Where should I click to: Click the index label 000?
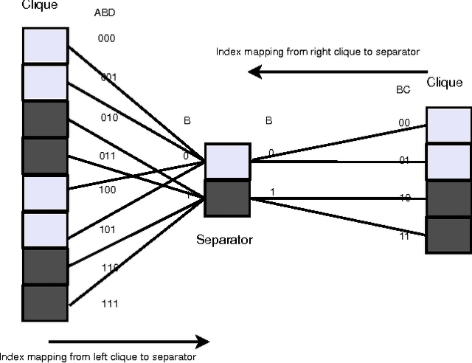coord(106,38)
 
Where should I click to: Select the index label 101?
coord(107,229)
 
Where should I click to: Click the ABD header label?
coord(105,13)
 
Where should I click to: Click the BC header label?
coord(403,89)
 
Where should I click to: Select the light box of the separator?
coord(226,162)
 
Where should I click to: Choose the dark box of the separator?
coord(226,198)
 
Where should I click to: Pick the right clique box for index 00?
coord(448,125)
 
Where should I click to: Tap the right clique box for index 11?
coord(448,235)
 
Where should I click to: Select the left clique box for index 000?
coord(45,46)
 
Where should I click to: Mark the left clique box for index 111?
coord(45,303)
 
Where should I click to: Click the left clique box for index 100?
coord(45,193)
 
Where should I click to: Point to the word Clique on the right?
coord(445,83)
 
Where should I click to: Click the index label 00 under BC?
coord(404,123)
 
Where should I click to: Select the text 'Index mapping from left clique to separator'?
coord(98,357)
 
